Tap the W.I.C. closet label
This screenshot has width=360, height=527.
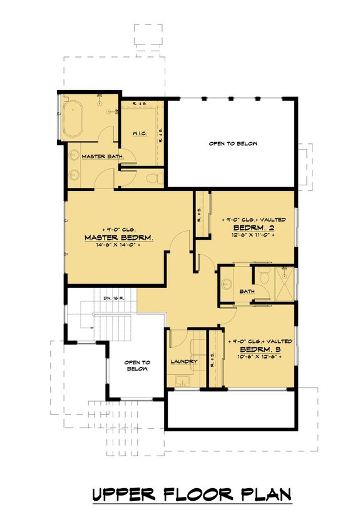click(140, 133)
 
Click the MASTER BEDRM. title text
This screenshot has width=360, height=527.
click(119, 238)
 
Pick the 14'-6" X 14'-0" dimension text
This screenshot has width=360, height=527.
click(118, 247)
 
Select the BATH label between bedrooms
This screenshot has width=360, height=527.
click(247, 291)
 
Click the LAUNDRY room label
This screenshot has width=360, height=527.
click(184, 362)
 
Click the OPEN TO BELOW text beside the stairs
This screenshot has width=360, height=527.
click(136, 366)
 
